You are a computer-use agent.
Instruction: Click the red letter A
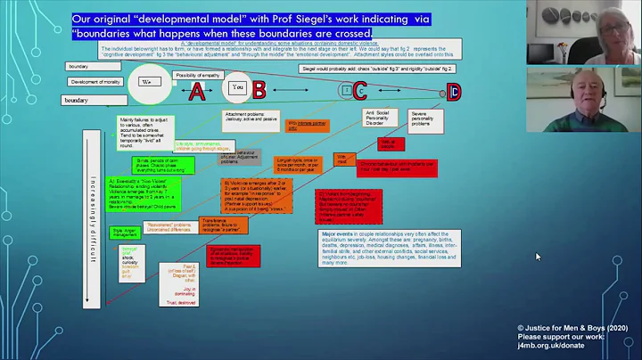pyautogui.click(x=197, y=91)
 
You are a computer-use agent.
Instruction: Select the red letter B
pyautogui.click(x=258, y=89)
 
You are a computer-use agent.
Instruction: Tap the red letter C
pyautogui.click(x=359, y=90)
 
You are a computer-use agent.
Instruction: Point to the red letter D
pyautogui.click(x=454, y=91)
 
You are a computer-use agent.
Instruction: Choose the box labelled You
pyautogui.click(x=237, y=88)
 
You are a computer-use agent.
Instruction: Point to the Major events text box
pyautogui.click(x=378, y=249)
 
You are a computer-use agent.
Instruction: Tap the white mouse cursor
pyautogui.click(x=538, y=257)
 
